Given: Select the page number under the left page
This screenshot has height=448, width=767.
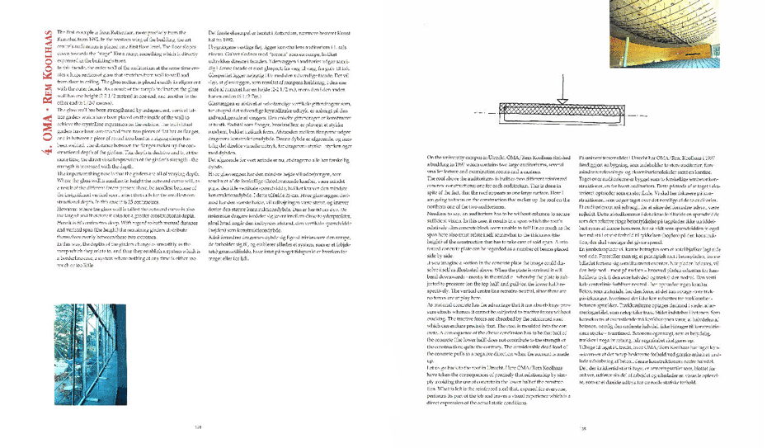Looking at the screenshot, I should (x=197, y=427).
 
